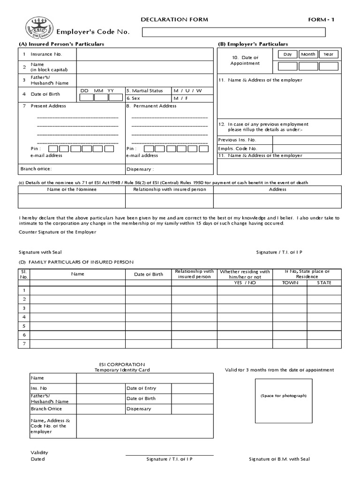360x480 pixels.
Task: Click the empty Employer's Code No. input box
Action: click(233, 32)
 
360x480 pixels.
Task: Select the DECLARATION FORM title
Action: click(174, 20)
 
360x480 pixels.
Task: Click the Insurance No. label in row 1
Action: click(46, 54)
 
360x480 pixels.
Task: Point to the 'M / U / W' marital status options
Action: click(187, 90)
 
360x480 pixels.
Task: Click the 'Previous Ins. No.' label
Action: click(237, 140)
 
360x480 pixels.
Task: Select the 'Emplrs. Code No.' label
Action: click(238, 149)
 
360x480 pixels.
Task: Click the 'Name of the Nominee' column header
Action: click(72, 189)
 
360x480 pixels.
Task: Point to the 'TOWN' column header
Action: click(290, 283)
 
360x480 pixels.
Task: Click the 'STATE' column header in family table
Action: click(324, 283)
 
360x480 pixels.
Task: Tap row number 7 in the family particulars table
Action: click(23, 344)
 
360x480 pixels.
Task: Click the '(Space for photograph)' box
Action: click(284, 400)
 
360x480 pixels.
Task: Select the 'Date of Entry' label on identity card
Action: click(141, 388)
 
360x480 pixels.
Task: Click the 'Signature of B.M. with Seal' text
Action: click(279, 459)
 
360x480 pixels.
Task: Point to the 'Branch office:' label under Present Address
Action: click(36, 169)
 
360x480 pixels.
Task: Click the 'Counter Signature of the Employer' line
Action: click(58, 232)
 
